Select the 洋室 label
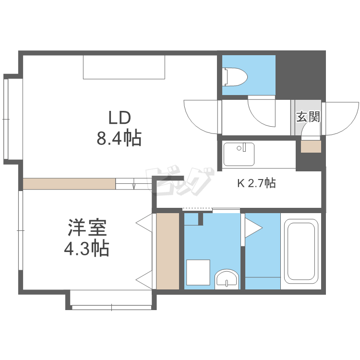pos(87,228)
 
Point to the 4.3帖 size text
pos(86,249)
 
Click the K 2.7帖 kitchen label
pos(257,183)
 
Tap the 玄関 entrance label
pos(308,117)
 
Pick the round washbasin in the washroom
pos(226,279)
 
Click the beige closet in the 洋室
pos(168,251)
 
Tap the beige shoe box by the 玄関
pos(311,146)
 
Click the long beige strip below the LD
pos(69,184)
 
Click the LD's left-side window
pos(7,118)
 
